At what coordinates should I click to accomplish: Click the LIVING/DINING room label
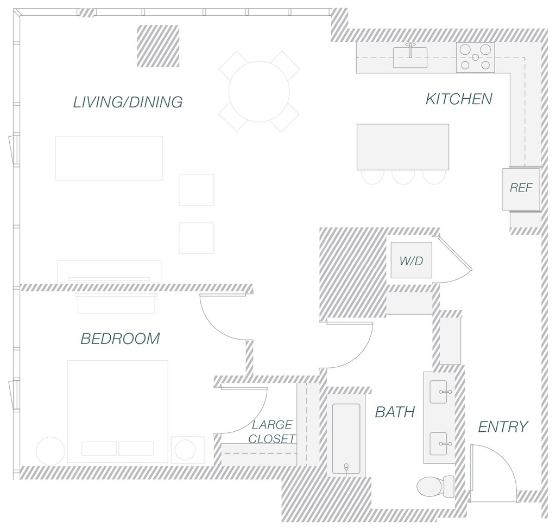pyautogui.click(x=128, y=102)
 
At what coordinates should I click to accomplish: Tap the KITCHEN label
pyautogui.click(x=459, y=99)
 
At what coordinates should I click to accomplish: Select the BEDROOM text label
pyautogui.click(x=120, y=339)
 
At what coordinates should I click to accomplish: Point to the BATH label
pyautogui.click(x=395, y=412)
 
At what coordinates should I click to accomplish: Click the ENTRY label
pyautogui.click(x=503, y=427)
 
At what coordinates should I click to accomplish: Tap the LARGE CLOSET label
pyautogui.click(x=272, y=432)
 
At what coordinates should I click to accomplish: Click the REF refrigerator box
pyautogui.click(x=521, y=189)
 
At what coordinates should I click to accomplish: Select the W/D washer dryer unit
pyautogui.click(x=411, y=261)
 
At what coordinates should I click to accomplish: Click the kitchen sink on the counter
pyautogui.click(x=410, y=57)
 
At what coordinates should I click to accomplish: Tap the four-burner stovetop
pyautogui.click(x=475, y=58)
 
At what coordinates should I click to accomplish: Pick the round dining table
pyautogui.click(x=259, y=91)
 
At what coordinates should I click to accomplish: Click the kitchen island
pyautogui.click(x=403, y=147)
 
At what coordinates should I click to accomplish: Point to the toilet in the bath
pyautogui.click(x=436, y=486)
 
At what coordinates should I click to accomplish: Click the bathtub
pyautogui.click(x=346, y=439)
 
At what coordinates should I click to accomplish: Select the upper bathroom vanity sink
pyautogui.click(x=439, y=392)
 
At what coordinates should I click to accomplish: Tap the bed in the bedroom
pyautogui.click(x=117, y=411)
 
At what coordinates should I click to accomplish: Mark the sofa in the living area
pyautogui.click(x=109, y=158)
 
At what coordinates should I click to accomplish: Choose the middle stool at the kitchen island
pyautogui.click(x=403, y=177)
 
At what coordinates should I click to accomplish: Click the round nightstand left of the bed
pyautogui.click(x=50, y=450)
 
